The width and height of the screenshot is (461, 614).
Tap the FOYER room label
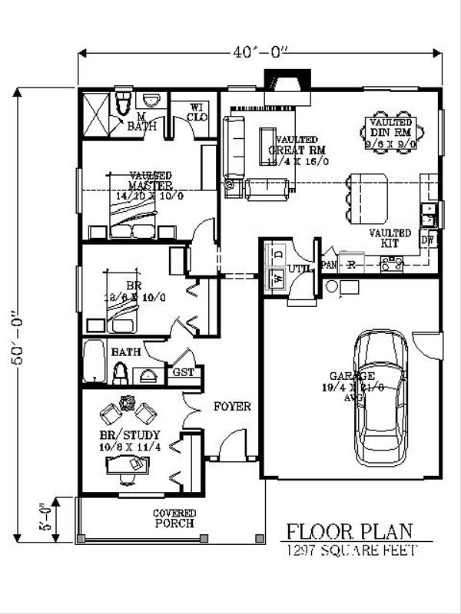click(x=231, y=406)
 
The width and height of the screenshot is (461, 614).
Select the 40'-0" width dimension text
click(x=261, y=53)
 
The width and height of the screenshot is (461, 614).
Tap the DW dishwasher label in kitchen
click(x=429, y=240)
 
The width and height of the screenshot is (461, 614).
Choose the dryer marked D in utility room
click(x=278, y=253)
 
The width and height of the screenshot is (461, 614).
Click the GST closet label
click(x=184, y=372)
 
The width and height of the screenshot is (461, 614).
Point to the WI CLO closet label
click(x=196, y=112)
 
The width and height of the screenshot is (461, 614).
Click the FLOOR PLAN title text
click(x=350, y=531)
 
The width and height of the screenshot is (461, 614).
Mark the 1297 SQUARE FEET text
click(x=350, y=550)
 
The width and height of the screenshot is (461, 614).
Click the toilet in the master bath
click(x=122, y=103)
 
